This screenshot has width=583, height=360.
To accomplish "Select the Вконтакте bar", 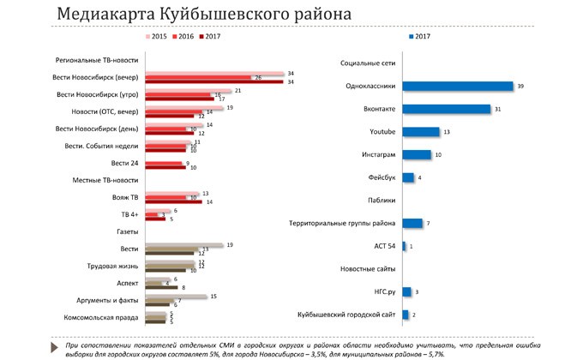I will point(445,109).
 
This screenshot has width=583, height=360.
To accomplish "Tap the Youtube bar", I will point(420,132).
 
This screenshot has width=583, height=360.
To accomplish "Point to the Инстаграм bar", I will point(416,154).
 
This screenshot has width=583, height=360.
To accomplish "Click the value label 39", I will point(520,86).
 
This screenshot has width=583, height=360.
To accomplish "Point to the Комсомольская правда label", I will point(103,317).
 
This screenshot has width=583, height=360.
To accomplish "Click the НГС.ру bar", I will point(406,292).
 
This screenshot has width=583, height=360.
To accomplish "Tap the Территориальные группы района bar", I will point(412,224).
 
